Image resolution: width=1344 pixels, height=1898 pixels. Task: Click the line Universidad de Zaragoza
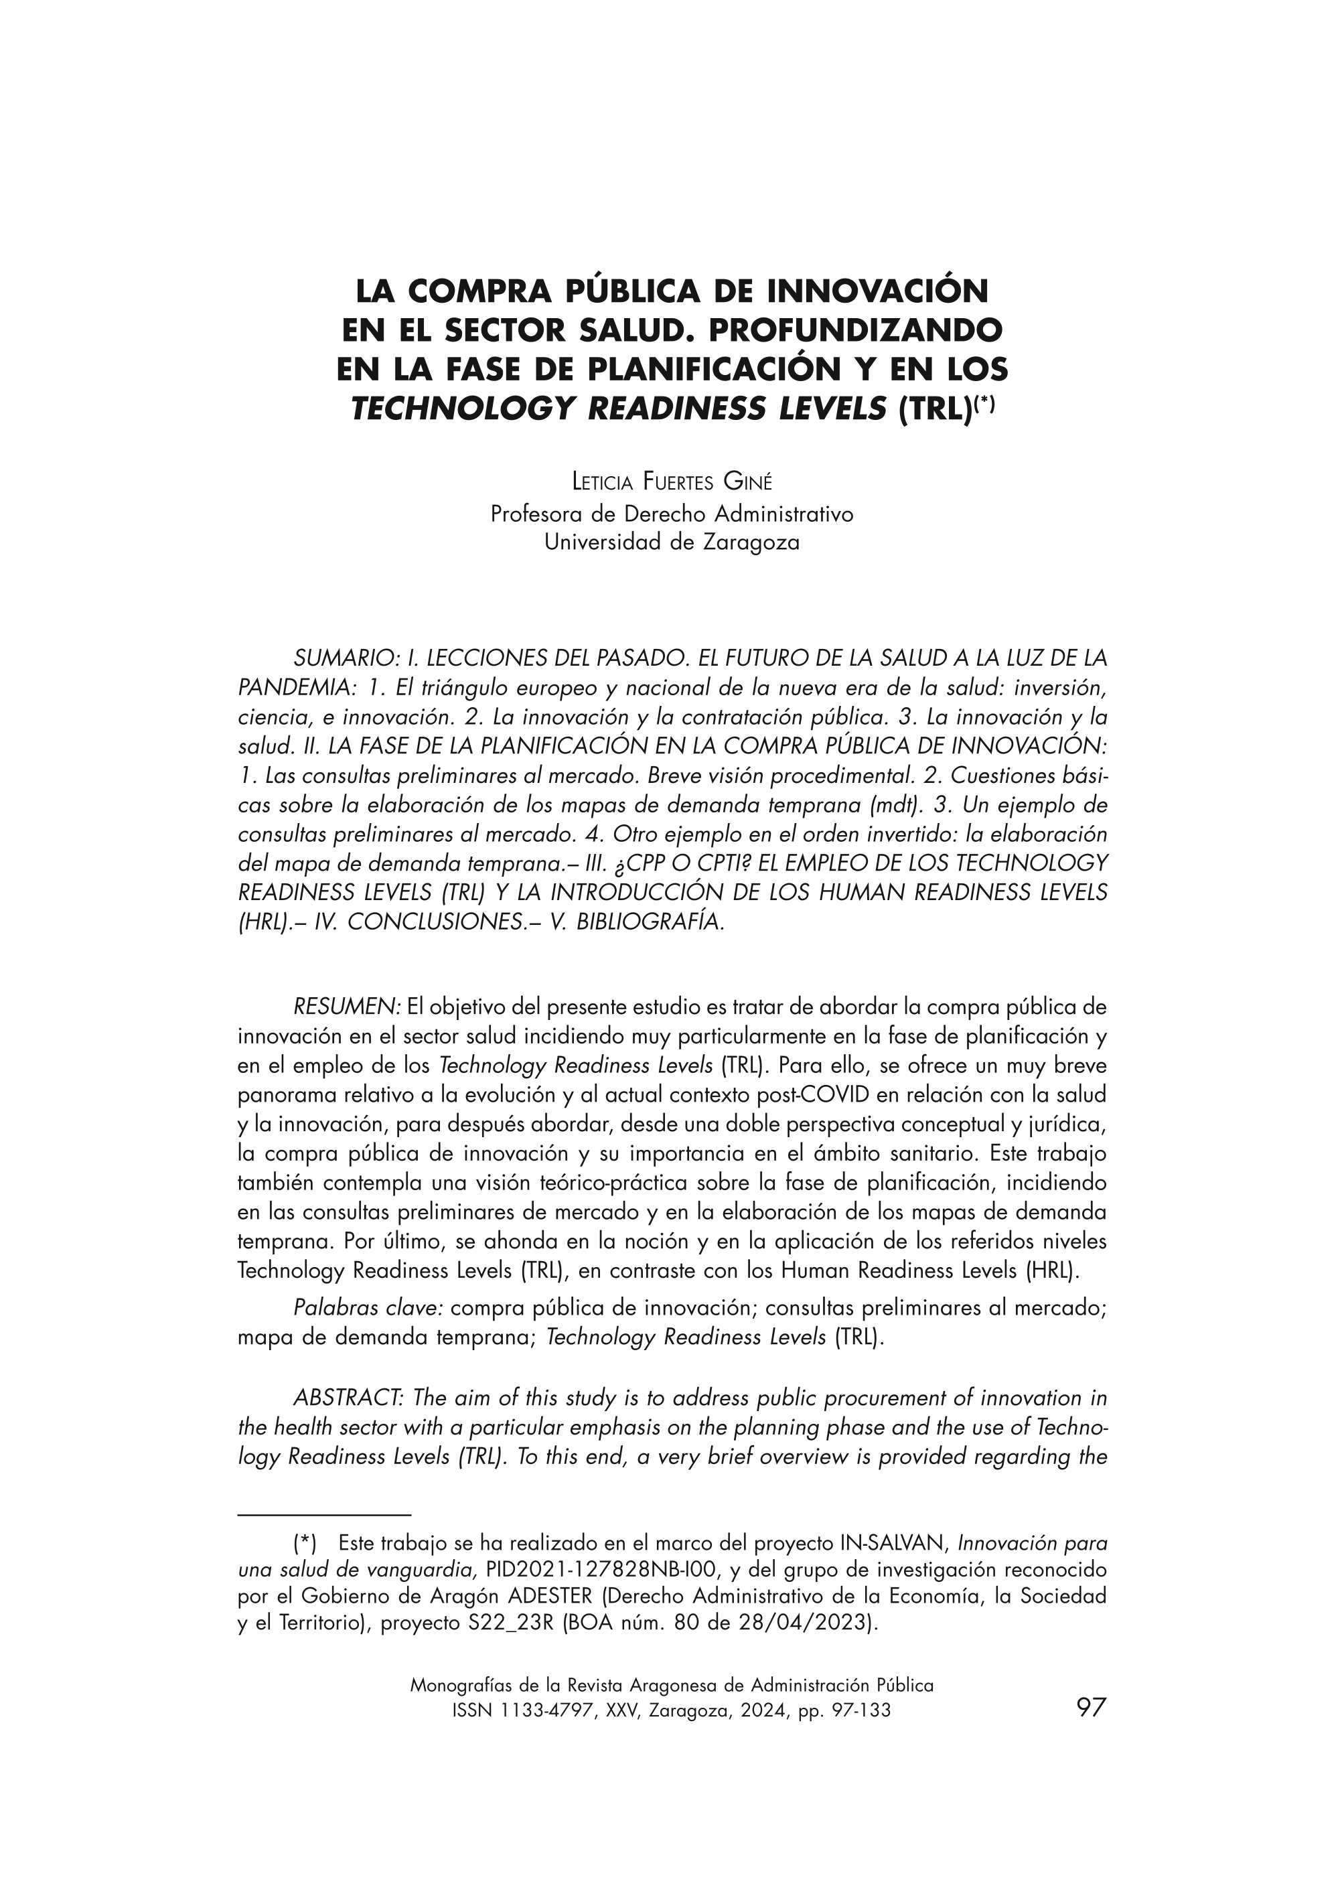point(671,543)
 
